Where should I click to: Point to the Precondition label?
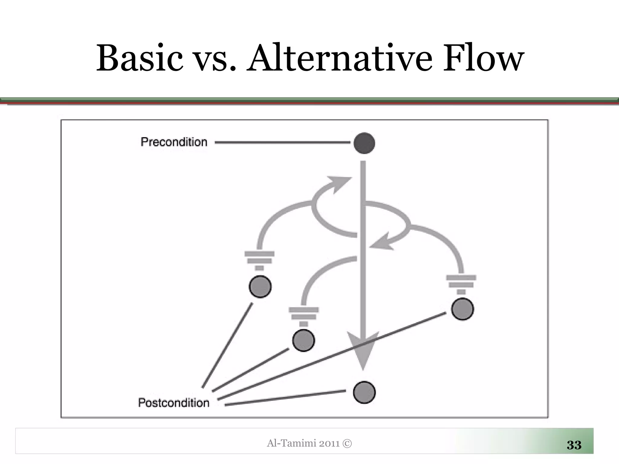[x=174, y=142]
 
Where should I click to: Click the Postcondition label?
[x=174, y=403]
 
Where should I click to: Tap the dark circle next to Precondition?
[x=364, y=143]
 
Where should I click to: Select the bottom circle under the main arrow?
[x=364, y=392]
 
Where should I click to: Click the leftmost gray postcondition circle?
[x=260, y=287]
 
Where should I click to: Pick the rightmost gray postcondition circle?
[x=462, y=309]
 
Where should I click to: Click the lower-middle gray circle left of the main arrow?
[x=303, y=340]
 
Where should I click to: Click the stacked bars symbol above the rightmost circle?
[x=461, y=284]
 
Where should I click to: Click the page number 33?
[x=574, y=445]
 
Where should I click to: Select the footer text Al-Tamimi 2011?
[x=305, y=443]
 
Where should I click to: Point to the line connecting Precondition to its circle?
[x=283, y=142]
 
